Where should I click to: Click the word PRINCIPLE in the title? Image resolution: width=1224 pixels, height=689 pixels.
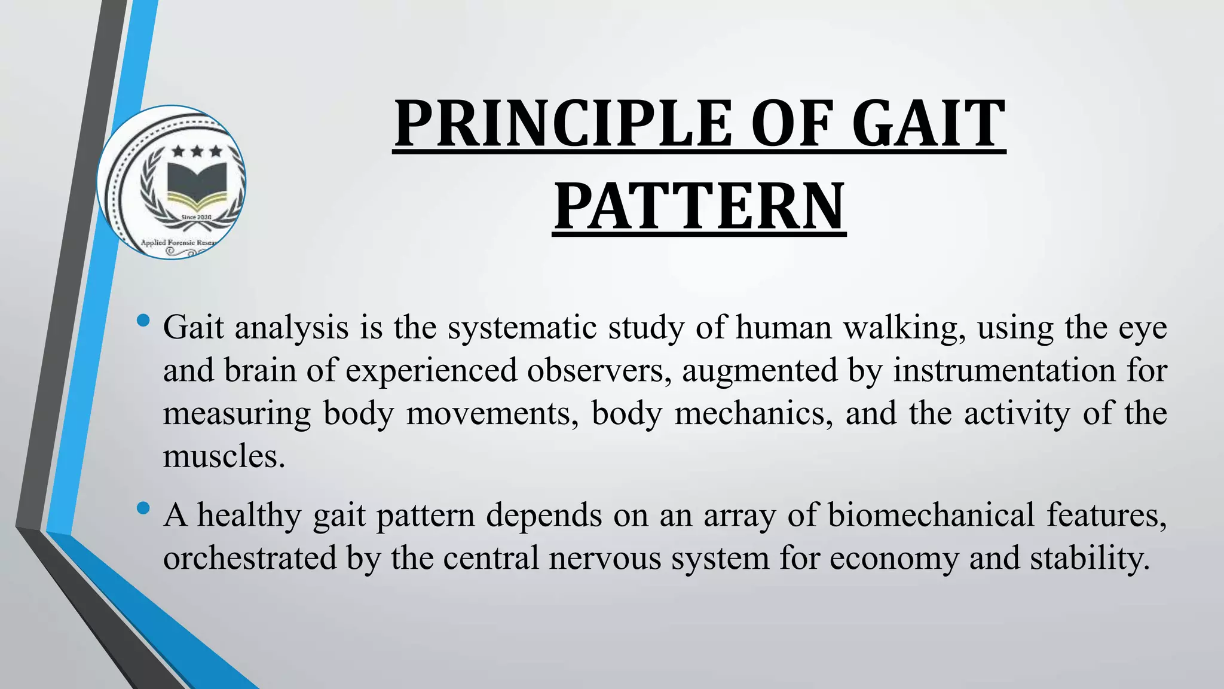pyautogui.click(x=562, y=124)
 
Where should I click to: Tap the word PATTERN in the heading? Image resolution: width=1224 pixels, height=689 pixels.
pyautogui.click(x=699, y=207)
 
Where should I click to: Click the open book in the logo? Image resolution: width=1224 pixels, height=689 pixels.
pyautogui.click(x=197, y=183)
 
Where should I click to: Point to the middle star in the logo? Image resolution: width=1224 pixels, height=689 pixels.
pyautogui.click(x=197, y=151)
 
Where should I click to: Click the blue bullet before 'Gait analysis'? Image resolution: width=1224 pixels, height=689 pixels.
pyautogui.click(x=143, y=321)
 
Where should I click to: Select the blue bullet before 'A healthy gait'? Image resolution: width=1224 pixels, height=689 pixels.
pyautogui.click(x=143, y=509)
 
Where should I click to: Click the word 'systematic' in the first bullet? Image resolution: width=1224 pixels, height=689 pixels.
pyautogui.click(x=522, y=328)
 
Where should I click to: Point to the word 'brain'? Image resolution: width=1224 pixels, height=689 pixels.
pyautogui.click(x=260, y=370)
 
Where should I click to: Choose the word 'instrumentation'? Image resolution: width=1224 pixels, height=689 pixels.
pyautogui.click(x=1004, y=370)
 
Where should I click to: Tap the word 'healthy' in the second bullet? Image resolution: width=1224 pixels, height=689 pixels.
pyautogui.click(x=249, y=516)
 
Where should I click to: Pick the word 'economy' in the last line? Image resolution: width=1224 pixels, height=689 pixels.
pyautogui.click(x=893, y=559)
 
